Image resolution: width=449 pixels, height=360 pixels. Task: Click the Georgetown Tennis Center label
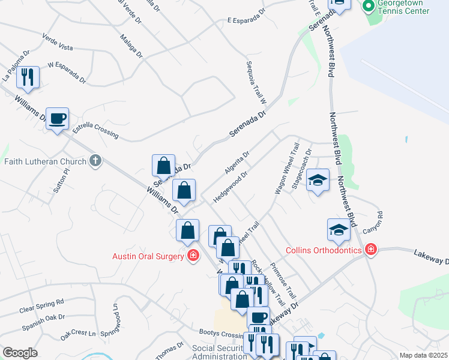click(403, 7)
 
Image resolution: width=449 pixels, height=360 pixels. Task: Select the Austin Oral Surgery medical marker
click(193, 256)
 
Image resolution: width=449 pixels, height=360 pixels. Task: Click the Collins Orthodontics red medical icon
click(370, 250)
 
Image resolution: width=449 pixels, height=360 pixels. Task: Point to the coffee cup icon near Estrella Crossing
click(57, 118)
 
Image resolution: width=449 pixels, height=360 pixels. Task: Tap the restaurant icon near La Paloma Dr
click(28, 77)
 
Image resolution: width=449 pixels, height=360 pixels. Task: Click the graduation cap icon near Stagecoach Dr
click(318, 179)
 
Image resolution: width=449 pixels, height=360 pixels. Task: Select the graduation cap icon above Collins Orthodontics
click(339, 230)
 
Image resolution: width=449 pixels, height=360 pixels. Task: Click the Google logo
click(20, 353)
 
